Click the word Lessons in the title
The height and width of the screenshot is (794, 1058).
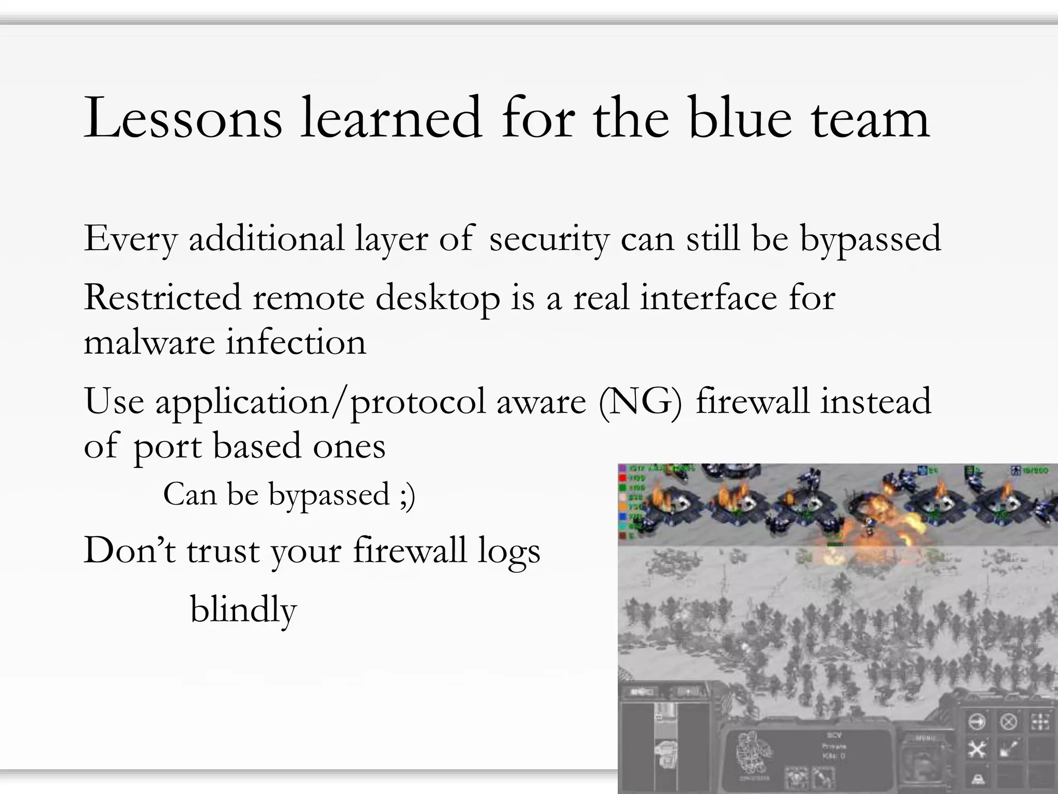pyautogui.click(x=183, y=119)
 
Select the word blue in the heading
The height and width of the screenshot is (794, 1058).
pyautogui.click(x=740, y=119)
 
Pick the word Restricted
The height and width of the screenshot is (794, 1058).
pyautogui.click(x=162, y=298)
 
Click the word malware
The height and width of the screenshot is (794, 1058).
pyautogui.click(x=149, y=343)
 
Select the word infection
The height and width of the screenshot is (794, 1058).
pyautogui.click(x=296, y=343)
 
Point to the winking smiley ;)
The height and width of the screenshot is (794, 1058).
pyautogui.click(x=408, y=495)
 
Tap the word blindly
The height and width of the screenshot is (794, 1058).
pyautogui.click(x=243, y=610)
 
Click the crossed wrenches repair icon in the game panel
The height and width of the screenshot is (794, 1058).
pyautogui.click(x=976, y=748)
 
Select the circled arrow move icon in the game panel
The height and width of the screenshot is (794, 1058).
pyautogui.click(x=976, y=722)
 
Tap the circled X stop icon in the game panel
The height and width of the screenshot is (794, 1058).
pyautogui.click(x=1008, y=722)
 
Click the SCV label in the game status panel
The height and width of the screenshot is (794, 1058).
pyautogui.click(x=834, y=735)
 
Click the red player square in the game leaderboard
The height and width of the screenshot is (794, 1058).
pyautogui.click(x=622, y=478)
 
